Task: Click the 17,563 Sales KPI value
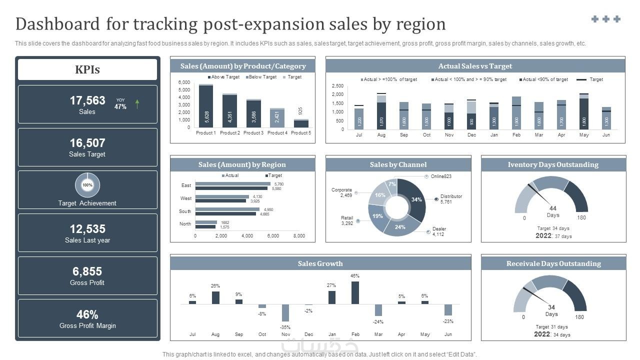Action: [x=87, y=100]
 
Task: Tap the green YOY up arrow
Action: [x=137, y=104]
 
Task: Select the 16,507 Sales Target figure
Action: [x=87, y=143]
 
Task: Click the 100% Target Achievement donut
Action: [x=87, y=185]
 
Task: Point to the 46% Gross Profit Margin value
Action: [x=87, y=314]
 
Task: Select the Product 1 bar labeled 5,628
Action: [x=206, y=106]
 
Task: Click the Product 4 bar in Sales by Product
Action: [x=277, y=117]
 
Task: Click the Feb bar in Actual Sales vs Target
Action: [x=516, y=112]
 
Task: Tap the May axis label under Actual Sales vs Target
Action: [x=584, y=135]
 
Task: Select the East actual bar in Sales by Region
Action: [x=232, y=184]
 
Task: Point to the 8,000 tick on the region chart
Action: [x=299, y=236]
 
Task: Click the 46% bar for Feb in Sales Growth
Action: [x=355, y=292]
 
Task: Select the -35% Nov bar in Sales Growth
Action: [x=285, y=313]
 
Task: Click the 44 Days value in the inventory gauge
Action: [x=552, y=208]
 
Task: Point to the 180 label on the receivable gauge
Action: [x=579, y=317]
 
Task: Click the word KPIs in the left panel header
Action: [x=87, y=69]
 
